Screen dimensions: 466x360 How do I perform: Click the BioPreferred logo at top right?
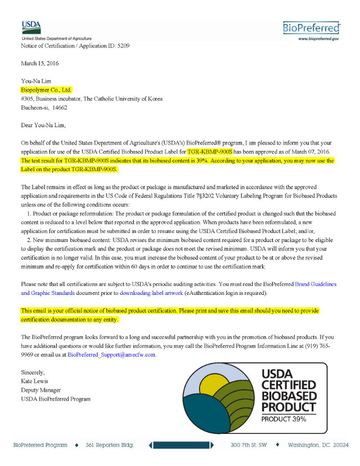[x=312, y=28]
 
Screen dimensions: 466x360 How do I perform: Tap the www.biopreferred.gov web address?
[x=318, y=39]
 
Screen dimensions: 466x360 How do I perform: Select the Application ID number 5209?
[x=124, y=45]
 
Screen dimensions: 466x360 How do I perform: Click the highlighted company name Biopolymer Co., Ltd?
[x=47, y=89]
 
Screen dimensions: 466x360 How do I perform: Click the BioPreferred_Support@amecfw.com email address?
[x=111, y=355]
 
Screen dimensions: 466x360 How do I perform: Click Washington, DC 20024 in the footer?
[x=318, y=445]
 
